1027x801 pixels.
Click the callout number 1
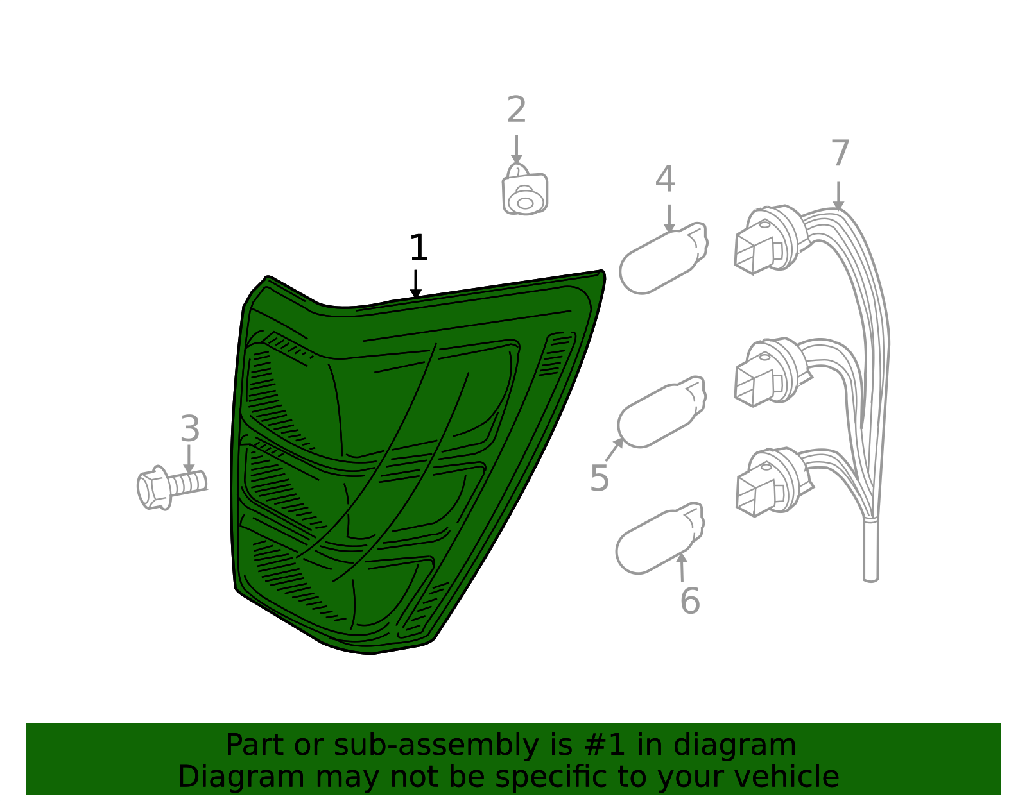coord(419,248)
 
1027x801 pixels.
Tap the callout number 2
coord(517,110)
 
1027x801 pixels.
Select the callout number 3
coord(190,428)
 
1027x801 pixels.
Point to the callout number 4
coord(665,180)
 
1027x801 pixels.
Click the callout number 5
coord(599,478)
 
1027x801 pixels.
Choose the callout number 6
coord(689,601)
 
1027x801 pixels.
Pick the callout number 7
coord(840,154)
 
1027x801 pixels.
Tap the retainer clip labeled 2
coord(525,193)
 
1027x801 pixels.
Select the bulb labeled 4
coord(663,260)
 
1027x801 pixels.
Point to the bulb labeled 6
coord(659,539)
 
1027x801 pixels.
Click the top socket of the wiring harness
coord(767,241)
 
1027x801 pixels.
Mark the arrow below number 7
coord(838,196)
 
